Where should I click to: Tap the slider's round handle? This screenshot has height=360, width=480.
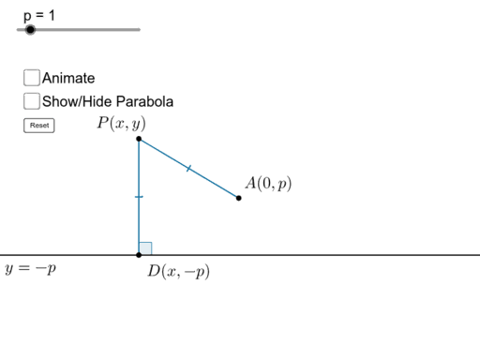tap(30, 30)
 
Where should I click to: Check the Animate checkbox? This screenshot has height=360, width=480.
tap(32, 78)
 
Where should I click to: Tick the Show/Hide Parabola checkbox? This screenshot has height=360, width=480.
tap(32, 100)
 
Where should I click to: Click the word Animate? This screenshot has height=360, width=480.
tap(68, 79)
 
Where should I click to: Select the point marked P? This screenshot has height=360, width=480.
tap(139, 139)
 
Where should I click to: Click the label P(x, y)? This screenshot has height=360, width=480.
tap(121, 123)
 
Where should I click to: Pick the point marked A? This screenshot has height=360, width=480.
tap(239, 198)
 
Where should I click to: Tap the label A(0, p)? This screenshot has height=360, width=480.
tap(268, 184)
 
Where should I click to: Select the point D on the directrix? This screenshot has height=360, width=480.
tap(139, 254)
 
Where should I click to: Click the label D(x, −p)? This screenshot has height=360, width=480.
tap(178, 272)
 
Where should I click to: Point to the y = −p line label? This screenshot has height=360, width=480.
tap(30, 268)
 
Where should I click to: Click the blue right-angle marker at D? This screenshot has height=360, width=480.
tap(145, 247)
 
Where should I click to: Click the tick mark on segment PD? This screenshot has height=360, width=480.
tap(139, 197)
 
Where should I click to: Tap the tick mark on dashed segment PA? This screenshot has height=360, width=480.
tap(187, 169)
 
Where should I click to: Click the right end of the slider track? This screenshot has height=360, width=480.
tap(140, 30)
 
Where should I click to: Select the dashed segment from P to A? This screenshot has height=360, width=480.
tap(211, 182)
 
